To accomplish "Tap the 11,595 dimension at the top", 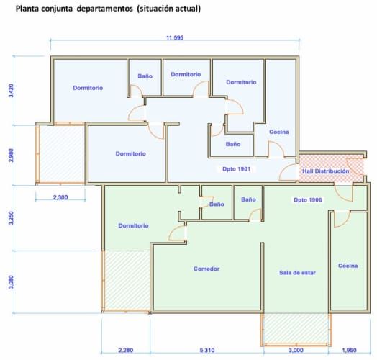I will [175, 37].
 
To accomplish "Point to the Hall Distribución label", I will [325, 171].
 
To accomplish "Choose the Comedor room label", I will [206, 269].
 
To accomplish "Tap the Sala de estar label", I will [297, 273].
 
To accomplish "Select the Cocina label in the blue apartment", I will [279, 132].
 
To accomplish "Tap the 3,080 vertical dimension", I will [11, 282].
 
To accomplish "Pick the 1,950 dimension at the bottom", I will [348, 351].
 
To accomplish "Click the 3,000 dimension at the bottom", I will [296, 351].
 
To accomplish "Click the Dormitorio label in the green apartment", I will [133, 225].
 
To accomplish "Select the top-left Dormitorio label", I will [88, 88].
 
